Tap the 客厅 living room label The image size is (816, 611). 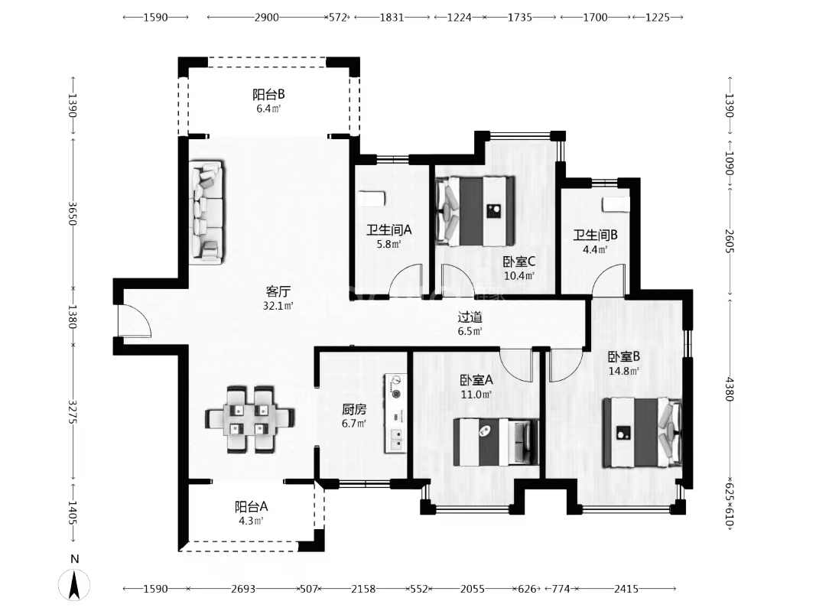coord(278,291)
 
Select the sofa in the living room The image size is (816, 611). coord(207,211)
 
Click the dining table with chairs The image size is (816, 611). coord(250,419)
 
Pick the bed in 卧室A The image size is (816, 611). coord(496,442)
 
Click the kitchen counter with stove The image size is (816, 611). coord(395,413)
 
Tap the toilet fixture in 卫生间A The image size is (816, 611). coord(371,198)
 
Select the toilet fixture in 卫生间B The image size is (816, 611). coord(615,204)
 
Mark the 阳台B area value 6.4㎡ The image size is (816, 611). coord(268,109)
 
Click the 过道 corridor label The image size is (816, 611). coord(470,317)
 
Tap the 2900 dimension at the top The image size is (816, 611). coord(266,17)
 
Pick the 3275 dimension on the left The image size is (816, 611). coord(73,412)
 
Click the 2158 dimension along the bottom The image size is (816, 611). coord(363,589)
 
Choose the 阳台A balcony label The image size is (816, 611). coord(252,506)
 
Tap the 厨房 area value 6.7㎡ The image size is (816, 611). coord(354,424)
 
